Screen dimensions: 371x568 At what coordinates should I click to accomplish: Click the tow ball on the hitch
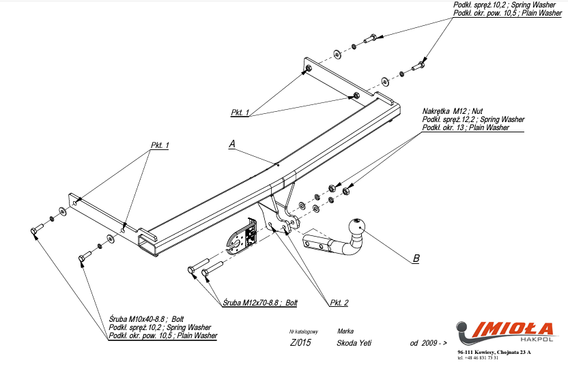[x=358, y=227]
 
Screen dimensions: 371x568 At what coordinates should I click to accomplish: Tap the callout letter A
[x=232, y=145]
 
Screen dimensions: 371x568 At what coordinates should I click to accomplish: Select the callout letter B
[x=416, y=258]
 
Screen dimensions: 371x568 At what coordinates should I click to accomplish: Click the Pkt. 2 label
[x=339, y=302]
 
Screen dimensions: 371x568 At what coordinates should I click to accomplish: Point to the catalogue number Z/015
[x=300, y=344]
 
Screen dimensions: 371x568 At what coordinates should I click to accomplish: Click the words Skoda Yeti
[x=354, y=344]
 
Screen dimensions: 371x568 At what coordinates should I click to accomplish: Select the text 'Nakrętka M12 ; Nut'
[x=453, y=111]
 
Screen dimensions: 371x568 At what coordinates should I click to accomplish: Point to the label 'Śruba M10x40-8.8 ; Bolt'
[x=147, y=319]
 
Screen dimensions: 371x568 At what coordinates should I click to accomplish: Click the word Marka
[x=345, y=330]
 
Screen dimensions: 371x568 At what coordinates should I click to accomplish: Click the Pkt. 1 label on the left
[x=159, y=145]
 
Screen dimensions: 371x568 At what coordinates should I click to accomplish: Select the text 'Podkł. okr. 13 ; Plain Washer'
[x=466, y=128]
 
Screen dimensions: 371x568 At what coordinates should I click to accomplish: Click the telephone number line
[x=479, y=358]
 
